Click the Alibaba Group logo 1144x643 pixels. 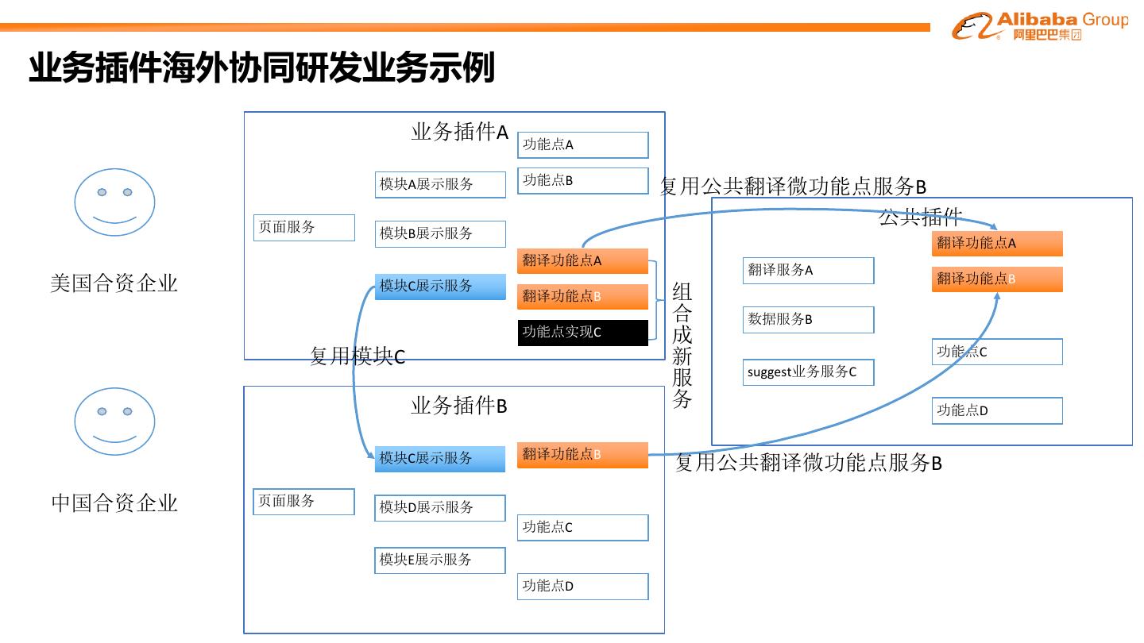1039,25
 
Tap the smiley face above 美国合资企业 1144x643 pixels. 114,202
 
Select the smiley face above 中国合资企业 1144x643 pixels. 114,421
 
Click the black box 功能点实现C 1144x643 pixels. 583,333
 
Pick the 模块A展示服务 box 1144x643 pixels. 440,184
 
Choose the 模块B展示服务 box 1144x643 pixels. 440,233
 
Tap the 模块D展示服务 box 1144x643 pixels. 440,507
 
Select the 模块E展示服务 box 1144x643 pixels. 440,560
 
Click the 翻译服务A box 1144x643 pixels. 808,271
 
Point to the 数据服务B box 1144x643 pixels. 808,320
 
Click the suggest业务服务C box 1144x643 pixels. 808,372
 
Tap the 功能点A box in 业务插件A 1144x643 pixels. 583,144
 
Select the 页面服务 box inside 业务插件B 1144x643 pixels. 303,502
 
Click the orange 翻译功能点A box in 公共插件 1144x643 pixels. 997,244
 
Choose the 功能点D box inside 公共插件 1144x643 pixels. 997,411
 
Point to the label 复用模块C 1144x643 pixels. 357,357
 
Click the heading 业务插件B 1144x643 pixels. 458,406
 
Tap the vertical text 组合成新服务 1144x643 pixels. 682,345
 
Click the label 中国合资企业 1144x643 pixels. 114,503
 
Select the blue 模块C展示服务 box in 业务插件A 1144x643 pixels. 440,287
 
